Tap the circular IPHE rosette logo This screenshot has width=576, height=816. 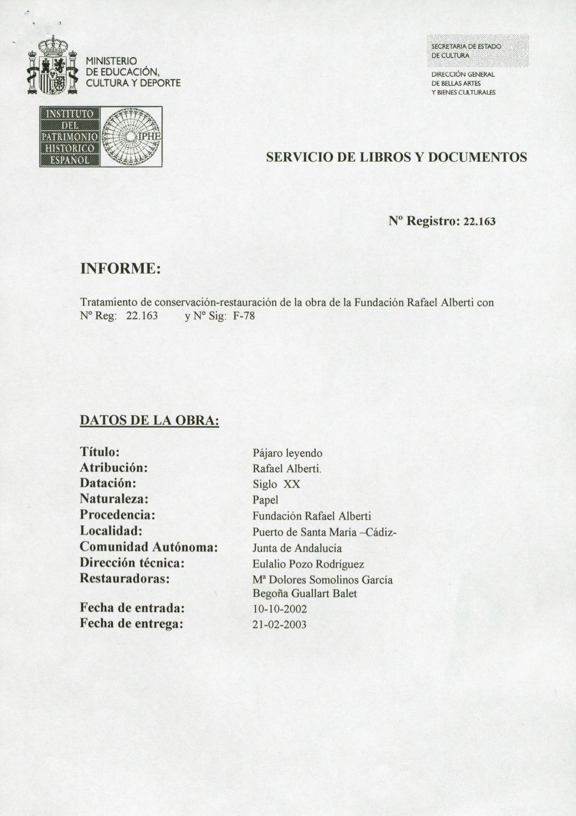131,137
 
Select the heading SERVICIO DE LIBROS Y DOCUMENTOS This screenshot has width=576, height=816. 396,157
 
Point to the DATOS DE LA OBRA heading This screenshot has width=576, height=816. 150,420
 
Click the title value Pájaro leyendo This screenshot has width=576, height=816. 287,453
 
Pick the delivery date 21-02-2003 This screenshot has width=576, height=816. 280,625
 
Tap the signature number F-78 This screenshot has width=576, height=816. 244,316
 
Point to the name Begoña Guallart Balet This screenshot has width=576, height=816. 305,594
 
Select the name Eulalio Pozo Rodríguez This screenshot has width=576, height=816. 308,564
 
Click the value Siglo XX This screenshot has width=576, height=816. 276,484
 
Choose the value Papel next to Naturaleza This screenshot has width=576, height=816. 265,500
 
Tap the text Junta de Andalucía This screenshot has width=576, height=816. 297,548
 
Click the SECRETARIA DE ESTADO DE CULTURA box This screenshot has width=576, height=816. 477,51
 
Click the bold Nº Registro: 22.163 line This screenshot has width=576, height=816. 442,221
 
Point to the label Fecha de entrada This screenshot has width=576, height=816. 132,608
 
